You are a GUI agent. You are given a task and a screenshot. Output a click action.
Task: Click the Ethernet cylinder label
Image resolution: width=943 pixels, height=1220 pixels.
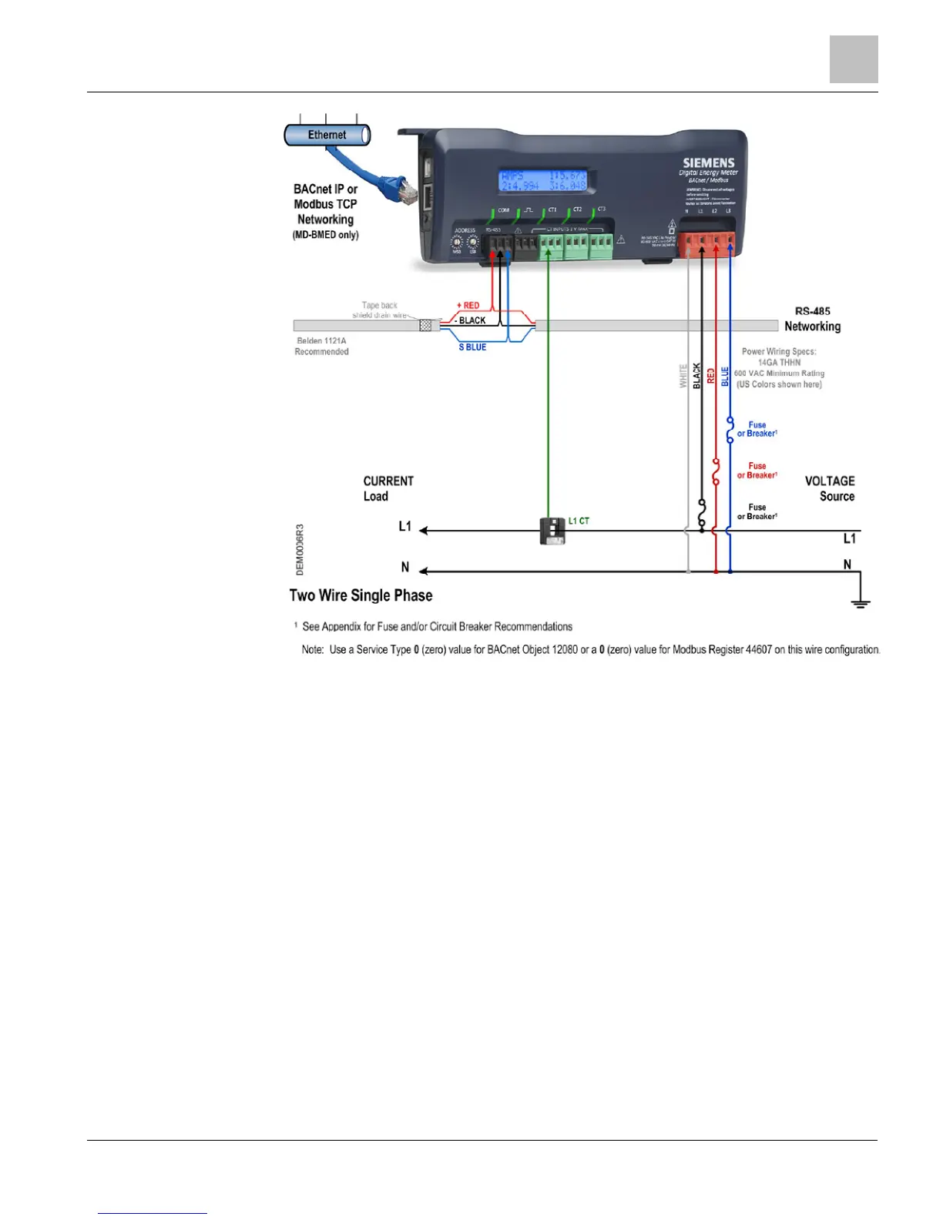pyautogui.click(x=327, y=135)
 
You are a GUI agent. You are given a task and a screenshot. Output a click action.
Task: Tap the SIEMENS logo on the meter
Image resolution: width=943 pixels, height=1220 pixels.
pyautogui.click(x=708, y=163)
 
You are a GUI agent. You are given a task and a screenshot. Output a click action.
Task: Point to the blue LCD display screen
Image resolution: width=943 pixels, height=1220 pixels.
pyautogui.click(x=543, y=180)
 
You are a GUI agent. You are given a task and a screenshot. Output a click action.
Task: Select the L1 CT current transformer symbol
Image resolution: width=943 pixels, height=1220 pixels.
pyautogui.click(x=552, y=531)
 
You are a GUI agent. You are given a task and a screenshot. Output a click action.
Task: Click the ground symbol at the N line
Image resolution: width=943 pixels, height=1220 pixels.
pyautogui.click(x=861, y=602)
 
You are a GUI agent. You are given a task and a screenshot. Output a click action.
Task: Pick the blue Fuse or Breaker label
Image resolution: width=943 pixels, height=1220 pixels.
pyautogui.click(x=757, y=429)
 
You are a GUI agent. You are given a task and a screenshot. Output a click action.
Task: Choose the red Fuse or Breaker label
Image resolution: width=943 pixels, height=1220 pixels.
pyautogui.click(x=757, y=471)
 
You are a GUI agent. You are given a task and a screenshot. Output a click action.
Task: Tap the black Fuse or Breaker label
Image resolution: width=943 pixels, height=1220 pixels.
pyautogui.click(x=757, y=511)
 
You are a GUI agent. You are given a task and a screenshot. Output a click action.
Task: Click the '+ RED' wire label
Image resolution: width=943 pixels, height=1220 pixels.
pyautogui.click(x=468, y=306)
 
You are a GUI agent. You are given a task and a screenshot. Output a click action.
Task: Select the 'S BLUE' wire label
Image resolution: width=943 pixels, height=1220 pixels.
pyautogui.click(x=472, y=347)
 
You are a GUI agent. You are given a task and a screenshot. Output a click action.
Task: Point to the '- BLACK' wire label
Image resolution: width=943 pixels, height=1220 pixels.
pyautogui.click(x=470, y=320)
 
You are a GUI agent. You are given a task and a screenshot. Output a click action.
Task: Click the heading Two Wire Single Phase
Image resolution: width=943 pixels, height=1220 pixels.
pyautogui.click(x=361, y=595)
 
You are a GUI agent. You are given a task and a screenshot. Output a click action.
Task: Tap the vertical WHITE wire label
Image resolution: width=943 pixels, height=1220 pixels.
pyautogui.click(x=683, y=376)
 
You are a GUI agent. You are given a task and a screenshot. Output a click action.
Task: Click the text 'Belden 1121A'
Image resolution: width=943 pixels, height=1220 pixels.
pyautogui.click(x=321, y=340)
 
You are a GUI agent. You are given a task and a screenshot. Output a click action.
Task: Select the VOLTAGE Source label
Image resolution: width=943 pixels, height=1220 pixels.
pyautogui.click(x=830, y=488)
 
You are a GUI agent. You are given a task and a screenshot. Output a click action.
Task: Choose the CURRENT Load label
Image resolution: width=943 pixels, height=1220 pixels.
pyautogui.click(x=388, y=488)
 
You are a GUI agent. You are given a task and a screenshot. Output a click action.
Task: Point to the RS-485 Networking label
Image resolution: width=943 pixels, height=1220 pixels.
pyautogui.click(x=813, y=319)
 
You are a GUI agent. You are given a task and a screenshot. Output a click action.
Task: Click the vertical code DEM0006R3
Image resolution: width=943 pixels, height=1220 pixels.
pyautogui.click(x=300, y=550)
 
